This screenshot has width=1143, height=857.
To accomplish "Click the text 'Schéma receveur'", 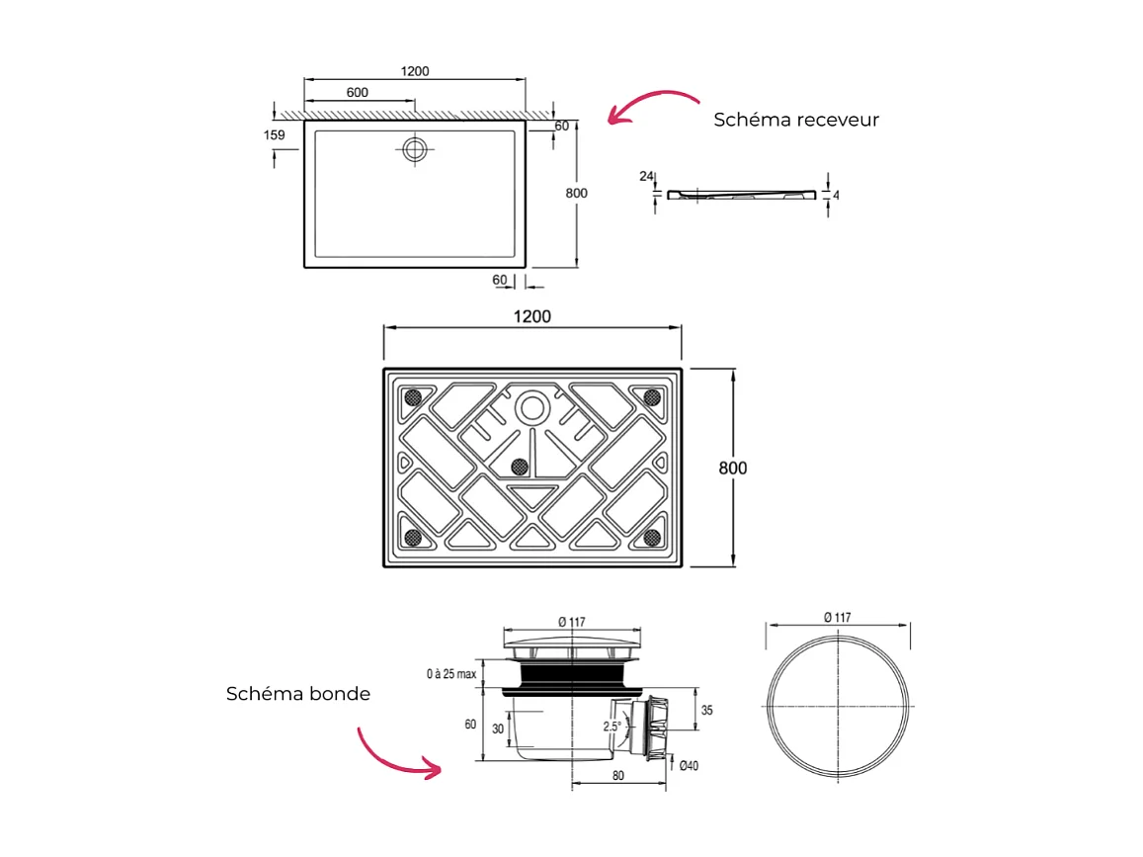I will tap(796, 120).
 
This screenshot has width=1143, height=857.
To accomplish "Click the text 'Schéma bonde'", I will tap(298, 694).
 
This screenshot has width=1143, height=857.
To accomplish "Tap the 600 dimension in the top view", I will tap(358, 92).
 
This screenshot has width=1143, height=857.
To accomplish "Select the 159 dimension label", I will tap(275, 134).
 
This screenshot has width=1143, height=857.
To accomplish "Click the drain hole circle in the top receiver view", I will tap(414, 148).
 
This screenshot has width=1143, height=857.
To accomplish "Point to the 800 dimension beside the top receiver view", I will tap(576, 193).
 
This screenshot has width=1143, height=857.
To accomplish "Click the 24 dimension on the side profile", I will tap(646, 177).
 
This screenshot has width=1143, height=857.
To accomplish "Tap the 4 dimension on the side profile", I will tap(836, 196).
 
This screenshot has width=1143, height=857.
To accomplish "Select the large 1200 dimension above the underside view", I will tap(531, 316).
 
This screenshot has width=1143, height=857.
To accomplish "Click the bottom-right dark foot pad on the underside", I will tap(652, 537).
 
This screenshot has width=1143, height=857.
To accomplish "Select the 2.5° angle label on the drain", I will tap(612, 726).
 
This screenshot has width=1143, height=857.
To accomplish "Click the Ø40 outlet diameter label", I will tap(689, 765).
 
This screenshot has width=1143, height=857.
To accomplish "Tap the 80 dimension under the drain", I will tap(617, 776).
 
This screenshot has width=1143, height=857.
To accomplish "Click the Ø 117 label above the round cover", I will tap(837, 617).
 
